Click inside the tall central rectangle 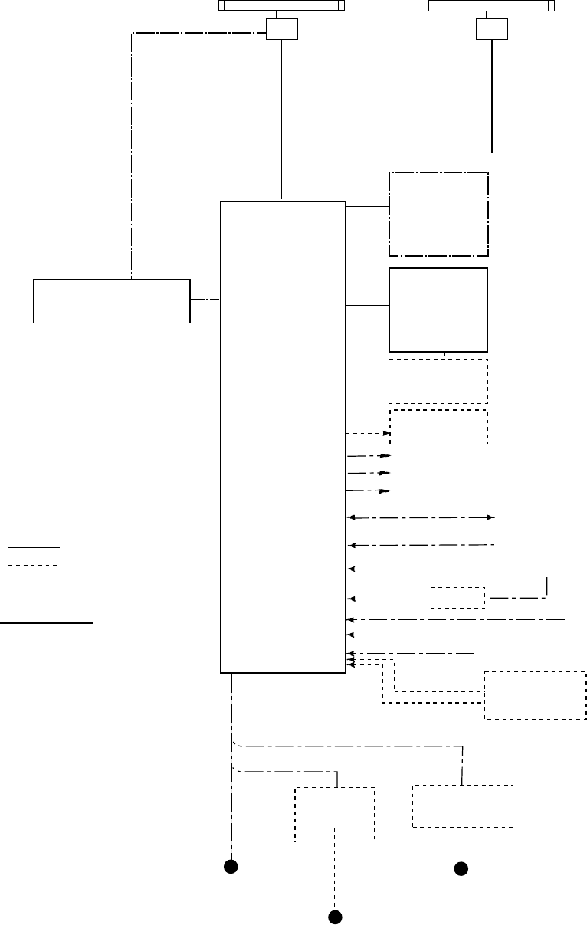pos(283,437)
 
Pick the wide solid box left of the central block pos(111,301)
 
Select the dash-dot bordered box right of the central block pos(439,214)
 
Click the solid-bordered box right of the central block pos(438,310)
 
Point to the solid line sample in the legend pos(34,548)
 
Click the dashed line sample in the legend pos(34,566)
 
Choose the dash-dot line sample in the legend pos(34,582)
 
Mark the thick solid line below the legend pos(46,623)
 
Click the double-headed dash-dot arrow pos(422,518)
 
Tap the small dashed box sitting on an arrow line pos(457,598)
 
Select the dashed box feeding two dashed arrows pos(536,695)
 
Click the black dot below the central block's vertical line pos(229,867)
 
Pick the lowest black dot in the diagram pos(334,917)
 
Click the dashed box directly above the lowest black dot pos(335,814)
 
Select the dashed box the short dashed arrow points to pos(439,428)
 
